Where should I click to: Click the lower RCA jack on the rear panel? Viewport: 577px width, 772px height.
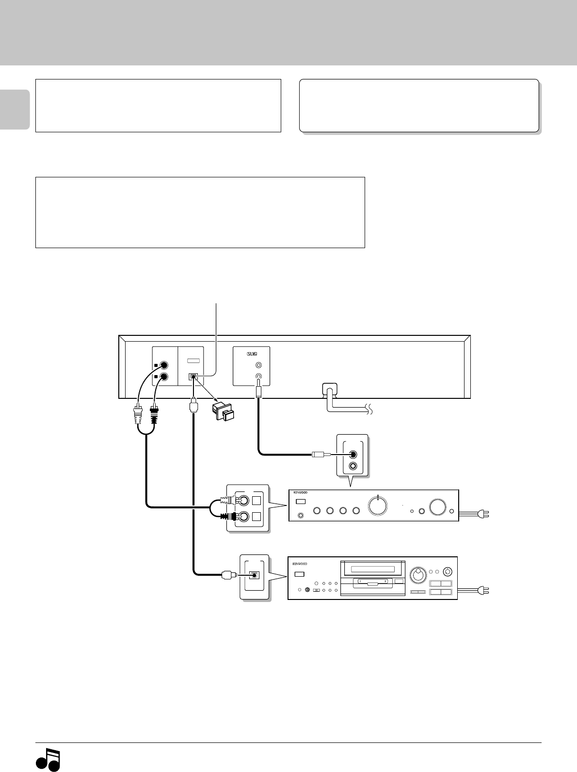(164, 377)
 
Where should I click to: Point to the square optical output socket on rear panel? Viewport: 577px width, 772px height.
(193, 376)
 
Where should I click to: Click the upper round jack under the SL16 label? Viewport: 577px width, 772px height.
(259, 365)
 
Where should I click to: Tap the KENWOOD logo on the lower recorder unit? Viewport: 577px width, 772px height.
(300, 564)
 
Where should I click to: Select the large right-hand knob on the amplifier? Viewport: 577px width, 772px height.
(439, 506)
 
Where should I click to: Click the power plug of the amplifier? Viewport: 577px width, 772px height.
(483, 514)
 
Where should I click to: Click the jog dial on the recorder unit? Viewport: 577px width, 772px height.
(417, 576)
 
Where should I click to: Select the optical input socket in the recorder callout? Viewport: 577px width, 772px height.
(254, 575)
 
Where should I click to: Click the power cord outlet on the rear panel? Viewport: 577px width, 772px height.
(329, 389)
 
